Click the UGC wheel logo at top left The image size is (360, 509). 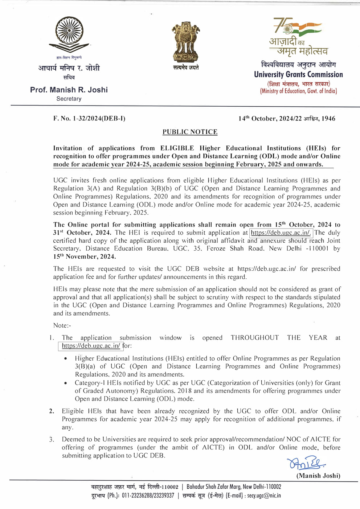[69, 35]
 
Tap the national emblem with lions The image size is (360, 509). [185, 42]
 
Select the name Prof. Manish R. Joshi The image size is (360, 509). [69, 90]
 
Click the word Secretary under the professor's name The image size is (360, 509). [69, 99]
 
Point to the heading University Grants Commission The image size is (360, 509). [298, 74]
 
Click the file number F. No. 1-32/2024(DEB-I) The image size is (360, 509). [89, 119]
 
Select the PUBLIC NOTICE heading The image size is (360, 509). [190, 132]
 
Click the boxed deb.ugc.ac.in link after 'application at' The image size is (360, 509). [281, 233]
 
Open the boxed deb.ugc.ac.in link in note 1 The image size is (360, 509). [91, 346]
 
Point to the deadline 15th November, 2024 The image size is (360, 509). [85, 256]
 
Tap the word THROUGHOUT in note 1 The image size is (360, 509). [255, 338]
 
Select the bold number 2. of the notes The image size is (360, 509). [52, 411]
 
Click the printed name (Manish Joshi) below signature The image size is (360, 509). [318, 476]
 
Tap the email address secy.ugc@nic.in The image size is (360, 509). [264, 496]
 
